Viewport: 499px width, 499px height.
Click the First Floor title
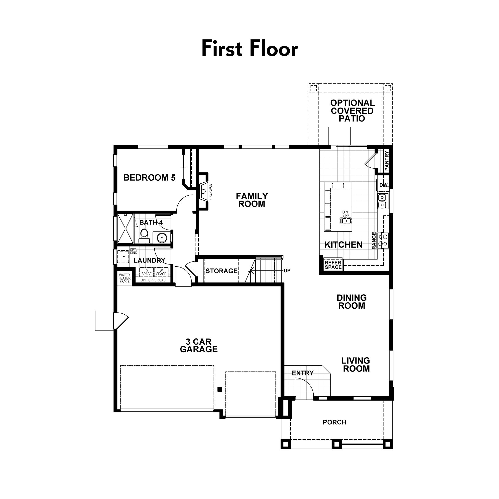pyautogui.click(x=249, y=49)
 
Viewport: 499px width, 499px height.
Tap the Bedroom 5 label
pyautogui.click(x=149, y=178)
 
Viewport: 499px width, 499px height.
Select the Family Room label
pyautogui.click(x=252, y=200)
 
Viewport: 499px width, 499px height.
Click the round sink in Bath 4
pyautogui.click(x=162, y=237)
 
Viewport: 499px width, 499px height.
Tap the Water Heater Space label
pyautogui.click(x=125, y=278)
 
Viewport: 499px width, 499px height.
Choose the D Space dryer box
pyautogui.click(x=146, y=272)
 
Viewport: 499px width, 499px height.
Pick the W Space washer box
pyautogui.click(x=161, y=272)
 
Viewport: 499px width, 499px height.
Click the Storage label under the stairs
pyautogui.click(x=221, y=271)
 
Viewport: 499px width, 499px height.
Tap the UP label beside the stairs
pyautogui.click(x=287, y=271)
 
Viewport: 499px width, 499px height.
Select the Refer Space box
pyautogui.click(x=333, y=265)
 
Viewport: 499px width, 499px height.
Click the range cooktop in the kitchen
pyautogui.click(x=383, y=241)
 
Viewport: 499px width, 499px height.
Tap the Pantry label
pyautogui.click(x=387, y=161)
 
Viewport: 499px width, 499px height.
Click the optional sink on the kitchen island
pyautogui.click(x=346, y=221)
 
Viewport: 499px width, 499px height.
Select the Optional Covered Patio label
pyautogui.click(x=352, y=111)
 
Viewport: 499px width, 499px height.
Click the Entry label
pyautogui.click(x=303, y=373)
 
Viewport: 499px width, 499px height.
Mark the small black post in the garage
pyautogui.click(x=220, y=389)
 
